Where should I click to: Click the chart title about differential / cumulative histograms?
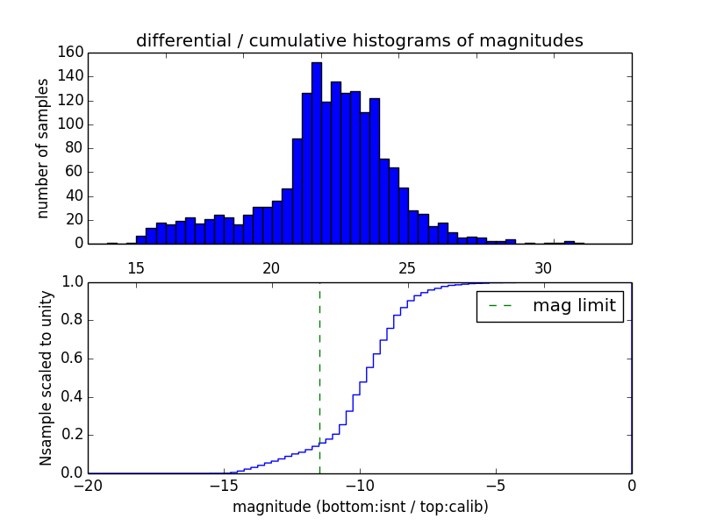tap(359, 40)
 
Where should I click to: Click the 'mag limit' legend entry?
tap(550, 306)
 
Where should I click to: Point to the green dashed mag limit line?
tap(319, 368)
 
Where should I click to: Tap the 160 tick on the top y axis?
tap(71, 53)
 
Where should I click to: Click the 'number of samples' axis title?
tap(43, 148)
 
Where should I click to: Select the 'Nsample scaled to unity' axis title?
tap(47, 377)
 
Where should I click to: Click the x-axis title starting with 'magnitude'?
tap(360, 507)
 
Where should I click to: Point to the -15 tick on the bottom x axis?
tap(224, 485)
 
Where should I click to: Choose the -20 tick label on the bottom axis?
tap(88, 485)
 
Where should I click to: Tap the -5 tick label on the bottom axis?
tap(496, 485)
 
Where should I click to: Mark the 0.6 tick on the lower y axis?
tap(71, 359)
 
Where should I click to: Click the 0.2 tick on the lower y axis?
tap(71, 436)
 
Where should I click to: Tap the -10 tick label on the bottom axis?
tap(360, 485)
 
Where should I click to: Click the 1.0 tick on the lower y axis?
tap(71, 282)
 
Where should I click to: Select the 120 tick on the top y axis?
tap(71, 100)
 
